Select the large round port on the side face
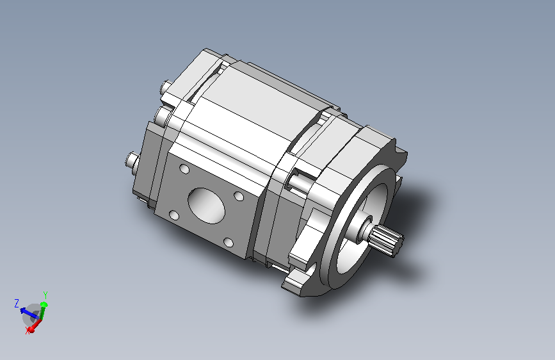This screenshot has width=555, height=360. click(206, 206)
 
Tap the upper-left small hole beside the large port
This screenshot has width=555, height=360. click(184, 168)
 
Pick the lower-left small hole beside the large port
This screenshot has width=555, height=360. click(174, 215)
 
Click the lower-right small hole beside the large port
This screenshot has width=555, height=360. click(229, 243)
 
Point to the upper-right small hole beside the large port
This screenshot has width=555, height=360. click(239, 196)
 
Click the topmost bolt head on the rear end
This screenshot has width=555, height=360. click(166, 86)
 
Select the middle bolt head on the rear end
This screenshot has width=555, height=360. click(162, 115)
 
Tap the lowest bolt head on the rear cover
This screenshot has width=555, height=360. click(132, 161)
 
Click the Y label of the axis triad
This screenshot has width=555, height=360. click(45, 295)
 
